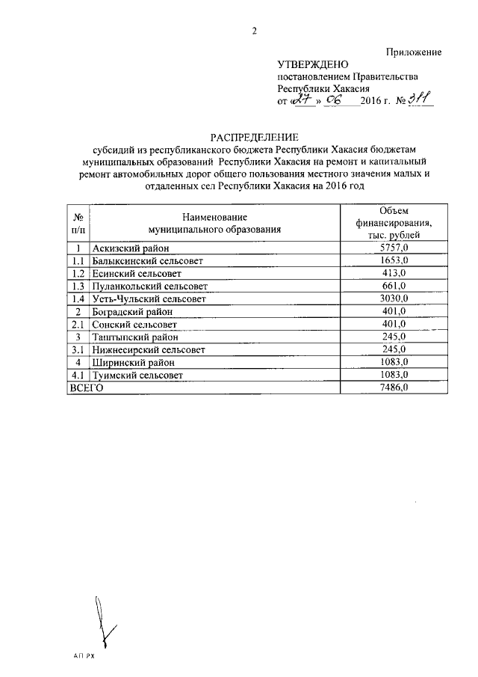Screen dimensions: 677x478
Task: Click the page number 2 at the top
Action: pos(254,31)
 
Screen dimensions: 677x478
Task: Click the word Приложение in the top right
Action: pos(414,52)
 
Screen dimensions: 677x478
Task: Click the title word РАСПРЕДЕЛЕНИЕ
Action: pos(254,137)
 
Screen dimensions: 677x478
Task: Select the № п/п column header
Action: pos(78,222)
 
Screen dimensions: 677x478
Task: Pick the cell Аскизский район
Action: pos(131,248)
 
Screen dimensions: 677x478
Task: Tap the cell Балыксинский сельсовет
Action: pos(148,260)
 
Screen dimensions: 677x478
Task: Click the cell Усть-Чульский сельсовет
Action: pos(149,298)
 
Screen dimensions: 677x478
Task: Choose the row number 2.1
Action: pos(78,324)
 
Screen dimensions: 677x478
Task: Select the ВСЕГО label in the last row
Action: pos(85,387)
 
